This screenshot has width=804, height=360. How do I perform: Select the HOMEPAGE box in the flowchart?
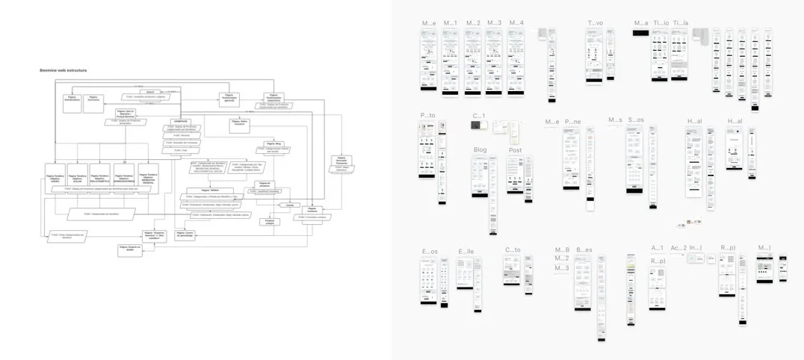[x=182, y=121]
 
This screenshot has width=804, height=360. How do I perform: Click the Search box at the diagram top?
[x=149, y=92]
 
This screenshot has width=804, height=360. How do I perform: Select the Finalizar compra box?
[x=268, y=222]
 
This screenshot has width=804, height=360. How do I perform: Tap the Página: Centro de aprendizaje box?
[x=185, y=234]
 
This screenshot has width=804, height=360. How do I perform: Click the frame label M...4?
[x=516, y=23]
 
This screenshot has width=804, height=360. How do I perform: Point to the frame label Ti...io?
[x=661, y=23]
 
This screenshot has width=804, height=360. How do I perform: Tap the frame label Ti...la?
[x=680, y=23]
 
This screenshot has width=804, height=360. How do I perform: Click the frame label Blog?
[x=480, y=150]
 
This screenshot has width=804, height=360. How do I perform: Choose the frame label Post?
[x=515, y=150]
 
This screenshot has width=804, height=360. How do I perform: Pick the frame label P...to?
[x=427, y=116]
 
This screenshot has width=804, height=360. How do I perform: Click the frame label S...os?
[x=636, y=120]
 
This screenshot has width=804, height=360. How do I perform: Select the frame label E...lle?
[x=466, y=252]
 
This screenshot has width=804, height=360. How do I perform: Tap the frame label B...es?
[x=584, y=250]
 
